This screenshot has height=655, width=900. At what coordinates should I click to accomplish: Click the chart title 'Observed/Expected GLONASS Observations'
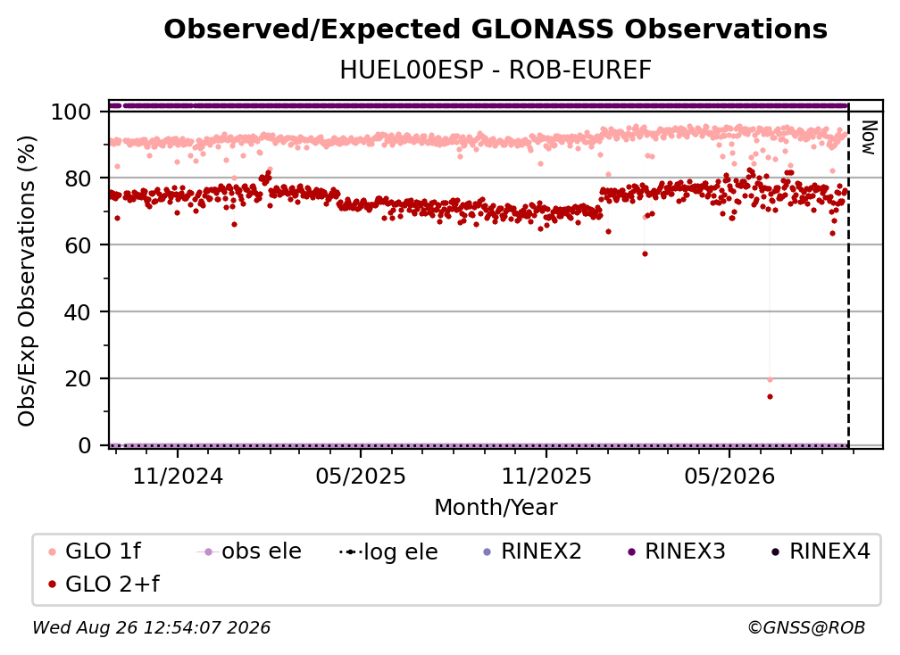pyautogui.click(x=496, y=29)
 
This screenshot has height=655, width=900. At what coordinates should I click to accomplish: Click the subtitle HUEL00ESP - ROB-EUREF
pyautogui.click(x=496, y=70)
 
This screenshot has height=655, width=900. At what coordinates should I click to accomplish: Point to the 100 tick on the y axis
pyautogui.click(x=71, y=112)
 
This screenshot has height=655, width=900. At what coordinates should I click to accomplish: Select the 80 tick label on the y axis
pyautogui.click(x=78, y=178)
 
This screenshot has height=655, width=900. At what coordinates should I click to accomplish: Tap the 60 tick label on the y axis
pyautogui.click(x=78, y=245)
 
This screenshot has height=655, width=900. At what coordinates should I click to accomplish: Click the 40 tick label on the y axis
pyautogui.click(x=78, y=312)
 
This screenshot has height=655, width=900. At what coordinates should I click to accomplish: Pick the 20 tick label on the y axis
pyautogui.click(x=78, y=378)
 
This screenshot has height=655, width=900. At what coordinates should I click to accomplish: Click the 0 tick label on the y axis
pyautogui.click(x=84, y=445)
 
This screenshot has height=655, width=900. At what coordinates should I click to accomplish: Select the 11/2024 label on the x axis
pyautogui.click(x=178, y=476)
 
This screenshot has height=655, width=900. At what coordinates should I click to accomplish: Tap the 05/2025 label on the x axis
pyautogui.click(x=361, y=476)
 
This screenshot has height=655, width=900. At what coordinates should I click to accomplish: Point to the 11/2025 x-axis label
pyautogui.click(x=546, y=476)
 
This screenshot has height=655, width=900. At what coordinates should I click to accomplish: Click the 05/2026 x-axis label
pyautogui.click(x=729, y=476)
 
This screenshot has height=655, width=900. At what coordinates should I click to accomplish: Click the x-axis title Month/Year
pyautogui.click(x=496, y=507)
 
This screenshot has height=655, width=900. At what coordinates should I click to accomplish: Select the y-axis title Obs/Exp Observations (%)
pyautogui.click(x=27, y=281)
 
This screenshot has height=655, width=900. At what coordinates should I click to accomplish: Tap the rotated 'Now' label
pyautogui.click(x=869, y=137)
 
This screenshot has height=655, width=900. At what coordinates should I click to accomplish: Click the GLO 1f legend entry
pyautogui.click(x=95, y=551)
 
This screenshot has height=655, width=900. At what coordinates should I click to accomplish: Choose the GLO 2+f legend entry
pyautogui.click(x=104, y=584)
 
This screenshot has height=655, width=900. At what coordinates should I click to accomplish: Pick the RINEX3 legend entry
pyautogui.click(x=677, y=551)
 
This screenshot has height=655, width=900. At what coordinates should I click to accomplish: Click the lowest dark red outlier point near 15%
pyautogui.click(x=770, y=397)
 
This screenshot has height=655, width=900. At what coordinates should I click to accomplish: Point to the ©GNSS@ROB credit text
pyautogui.click(x=806, y=627)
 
